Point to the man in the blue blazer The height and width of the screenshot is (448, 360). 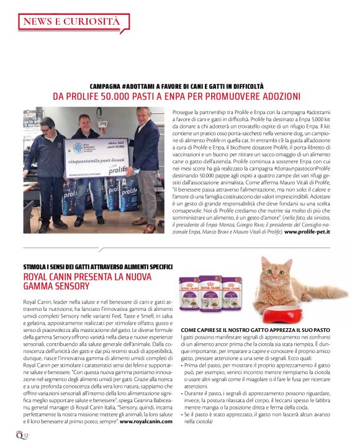pos(146,164)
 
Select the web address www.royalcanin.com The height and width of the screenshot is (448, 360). pos(146,421)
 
